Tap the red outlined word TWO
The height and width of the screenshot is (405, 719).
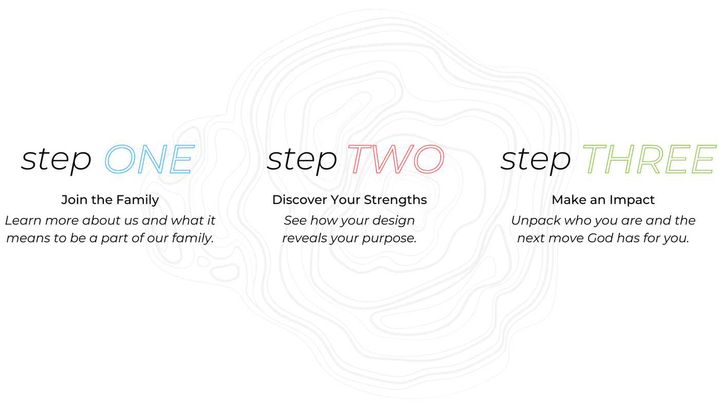[x=396, y=159]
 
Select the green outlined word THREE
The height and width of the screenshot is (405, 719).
[x=649, y=159]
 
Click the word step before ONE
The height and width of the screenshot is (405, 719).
[x=56, y=160]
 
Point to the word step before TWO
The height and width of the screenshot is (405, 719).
[x=302, y=160]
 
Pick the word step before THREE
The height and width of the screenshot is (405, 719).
[x=535, y=160]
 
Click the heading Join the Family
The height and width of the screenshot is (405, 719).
[x=110, y=200]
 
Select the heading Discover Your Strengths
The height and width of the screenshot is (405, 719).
[x=350, y=200]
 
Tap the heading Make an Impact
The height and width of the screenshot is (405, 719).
[x=603, y=200]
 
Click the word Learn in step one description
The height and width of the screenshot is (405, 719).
[x=24, y=220]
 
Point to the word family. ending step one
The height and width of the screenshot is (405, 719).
[x=193, y=238]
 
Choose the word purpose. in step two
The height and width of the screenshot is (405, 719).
[x=389, y=238]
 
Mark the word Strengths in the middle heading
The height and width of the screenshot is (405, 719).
[x=395, y=200]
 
